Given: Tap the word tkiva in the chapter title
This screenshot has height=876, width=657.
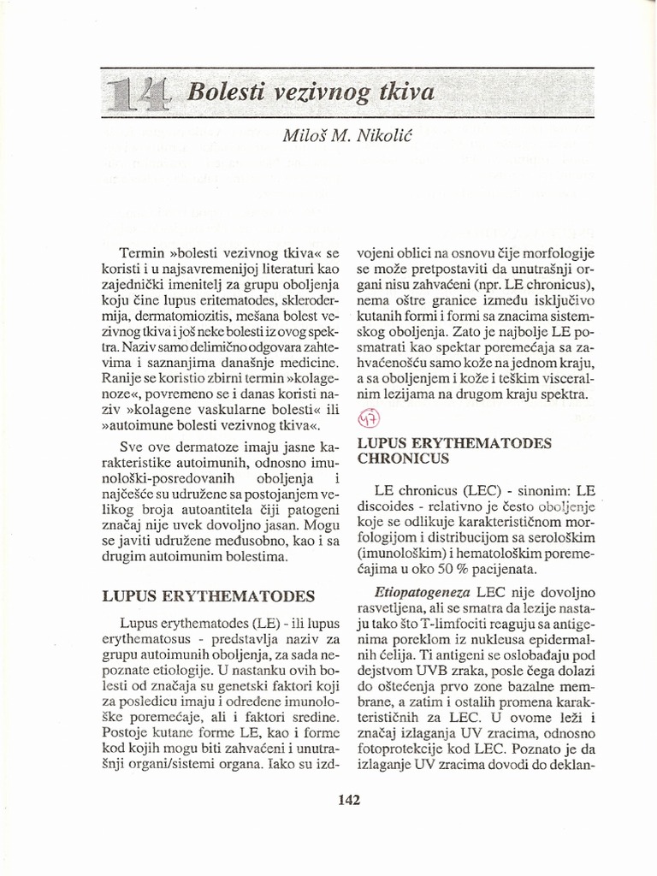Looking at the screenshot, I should coord(402,92).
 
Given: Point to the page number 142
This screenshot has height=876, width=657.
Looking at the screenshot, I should coord(349,800).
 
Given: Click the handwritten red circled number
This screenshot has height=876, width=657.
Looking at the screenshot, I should coord(368,419).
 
